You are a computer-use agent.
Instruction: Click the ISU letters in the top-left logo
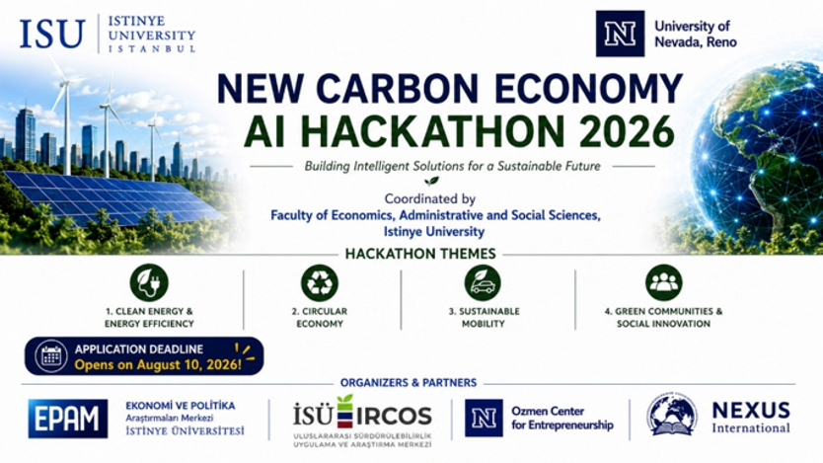pyautogui.click(x=52, y=35)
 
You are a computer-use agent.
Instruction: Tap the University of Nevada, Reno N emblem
pyautogui.click(x=620, y=34)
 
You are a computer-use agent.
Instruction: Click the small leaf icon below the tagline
pyautogui.click(x=431, y=181)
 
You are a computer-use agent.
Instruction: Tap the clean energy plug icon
pyautogui.click(x=149, y=283)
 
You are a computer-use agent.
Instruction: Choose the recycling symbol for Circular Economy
pyautogui.click(x=320, y=283)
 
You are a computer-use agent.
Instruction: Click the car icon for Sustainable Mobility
pyautogui.click(x=483, y=283)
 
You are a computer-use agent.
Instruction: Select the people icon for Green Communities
pyautogui.click(x=664, y=283)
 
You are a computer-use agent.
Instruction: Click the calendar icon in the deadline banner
pyautogui.click(x=51, y=356)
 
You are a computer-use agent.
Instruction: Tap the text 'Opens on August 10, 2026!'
pyautogui.click(x=158, y=364)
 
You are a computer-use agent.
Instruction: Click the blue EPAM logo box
pyautogui.click(x=68, y=419)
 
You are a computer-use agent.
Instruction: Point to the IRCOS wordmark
pyautogui.click(x=394, y=417)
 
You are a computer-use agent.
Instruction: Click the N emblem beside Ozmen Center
pyautogui.click(x=484, y=418)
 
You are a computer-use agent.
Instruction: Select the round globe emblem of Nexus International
pyautogui.click(x=672, y=415)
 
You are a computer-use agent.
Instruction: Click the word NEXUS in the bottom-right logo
pyautogui.click(x=751, y=411)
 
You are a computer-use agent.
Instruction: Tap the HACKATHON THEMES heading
pyautogui.click(x=420, y=254)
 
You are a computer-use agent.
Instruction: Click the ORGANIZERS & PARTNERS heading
pyautogui.click(x=409, y=383)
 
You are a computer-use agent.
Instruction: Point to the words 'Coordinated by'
pyautogui.click(x=430, y=199)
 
